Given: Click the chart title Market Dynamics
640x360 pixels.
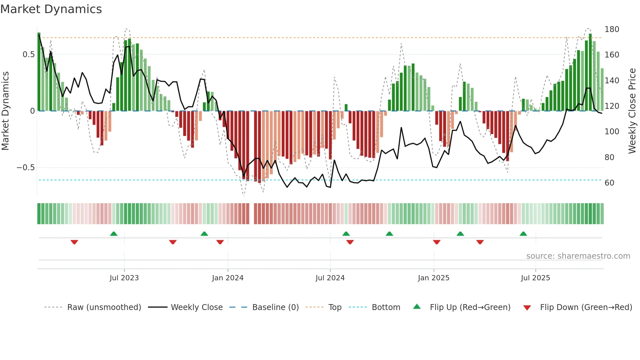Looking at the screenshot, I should tap(51, 9).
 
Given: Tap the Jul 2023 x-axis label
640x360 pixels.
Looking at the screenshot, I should tap(124, 278).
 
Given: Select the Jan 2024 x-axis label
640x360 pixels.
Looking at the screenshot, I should tap(228, 278).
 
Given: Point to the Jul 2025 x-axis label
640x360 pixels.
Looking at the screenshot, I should tap(535, 278).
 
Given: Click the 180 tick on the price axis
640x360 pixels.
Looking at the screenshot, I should tap(612, 29).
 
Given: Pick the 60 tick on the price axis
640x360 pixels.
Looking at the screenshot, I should tap(609, 183).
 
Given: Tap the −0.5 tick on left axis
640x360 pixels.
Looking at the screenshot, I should tap(26, 168).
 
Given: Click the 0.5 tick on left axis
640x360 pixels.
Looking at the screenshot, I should tap(29, 55).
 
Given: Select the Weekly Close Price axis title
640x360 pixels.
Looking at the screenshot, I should tap(632, 111).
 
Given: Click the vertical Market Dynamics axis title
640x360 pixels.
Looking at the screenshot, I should tap(5, 111).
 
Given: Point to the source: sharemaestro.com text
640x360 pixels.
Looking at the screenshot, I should tap(578, 256).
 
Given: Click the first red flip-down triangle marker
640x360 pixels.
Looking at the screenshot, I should tap(74, 242).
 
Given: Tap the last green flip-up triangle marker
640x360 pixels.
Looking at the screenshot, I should tap(523, 234).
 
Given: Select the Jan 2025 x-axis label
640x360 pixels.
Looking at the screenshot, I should tap(433, 278).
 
